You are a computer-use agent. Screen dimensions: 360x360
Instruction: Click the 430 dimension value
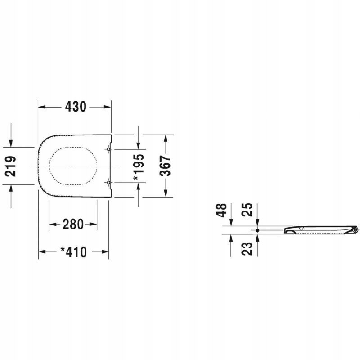tap(76, 107)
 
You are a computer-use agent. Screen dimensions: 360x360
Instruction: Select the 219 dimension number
tap(11, 166)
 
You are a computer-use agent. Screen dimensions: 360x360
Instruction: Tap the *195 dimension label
tap(139, 167)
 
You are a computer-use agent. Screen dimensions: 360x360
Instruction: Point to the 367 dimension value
tap(165, 166)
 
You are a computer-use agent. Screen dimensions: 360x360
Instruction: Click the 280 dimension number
tap(73, 224)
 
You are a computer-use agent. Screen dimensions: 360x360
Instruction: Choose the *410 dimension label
tap(73, 252)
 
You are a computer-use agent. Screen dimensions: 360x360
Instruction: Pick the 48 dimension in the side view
tap(221, 210)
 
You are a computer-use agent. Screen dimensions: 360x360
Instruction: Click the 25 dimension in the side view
tap(247, 210)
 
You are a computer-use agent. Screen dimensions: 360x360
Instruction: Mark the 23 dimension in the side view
tap(247, 249)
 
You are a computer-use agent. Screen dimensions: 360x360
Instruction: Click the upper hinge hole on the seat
tap(108, 149)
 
